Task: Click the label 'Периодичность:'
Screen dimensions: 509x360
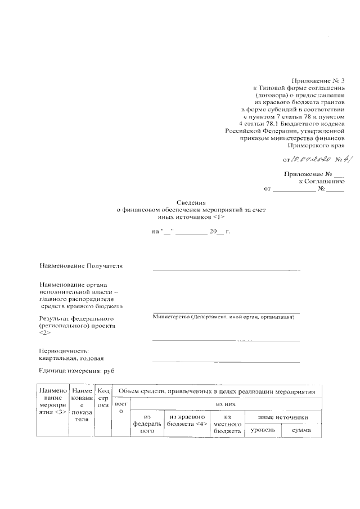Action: tap(64, 351)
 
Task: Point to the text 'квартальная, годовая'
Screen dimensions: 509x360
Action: tap(71, 358)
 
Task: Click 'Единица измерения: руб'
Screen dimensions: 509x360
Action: tap(77, 371)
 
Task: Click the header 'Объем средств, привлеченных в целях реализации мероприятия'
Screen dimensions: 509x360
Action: tap(217, 391)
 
